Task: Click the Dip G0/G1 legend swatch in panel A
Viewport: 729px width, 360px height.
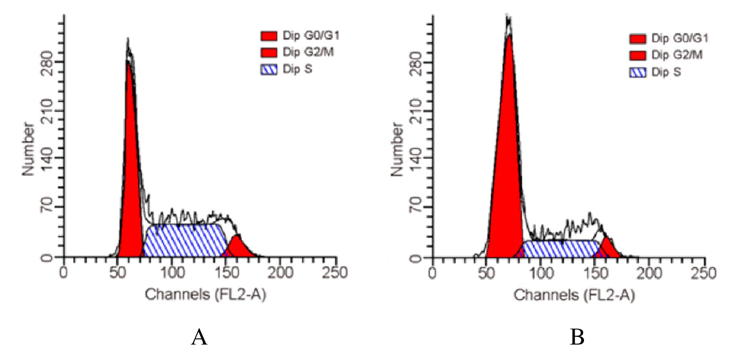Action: (269, 36)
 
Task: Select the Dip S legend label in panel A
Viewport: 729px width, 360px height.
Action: (297, 69)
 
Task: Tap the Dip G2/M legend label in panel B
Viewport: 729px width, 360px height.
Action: (677, 55)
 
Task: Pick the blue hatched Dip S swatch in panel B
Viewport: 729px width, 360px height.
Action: (638, 72)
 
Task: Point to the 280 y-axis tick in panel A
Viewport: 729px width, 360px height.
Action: (47, 62)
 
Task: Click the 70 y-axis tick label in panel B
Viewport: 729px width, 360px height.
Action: (416, 207)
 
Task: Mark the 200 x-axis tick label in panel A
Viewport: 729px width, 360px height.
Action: (280, 273)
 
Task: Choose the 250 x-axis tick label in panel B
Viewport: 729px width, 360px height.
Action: (705, 273)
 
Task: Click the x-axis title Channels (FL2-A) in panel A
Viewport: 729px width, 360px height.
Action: (206, 295)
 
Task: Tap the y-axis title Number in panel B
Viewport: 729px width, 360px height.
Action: (397, 149)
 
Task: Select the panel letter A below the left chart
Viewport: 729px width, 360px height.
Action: (199, 337)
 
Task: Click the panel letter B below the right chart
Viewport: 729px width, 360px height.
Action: (577, 337)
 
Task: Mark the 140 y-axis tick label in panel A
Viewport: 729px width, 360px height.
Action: (47, 158)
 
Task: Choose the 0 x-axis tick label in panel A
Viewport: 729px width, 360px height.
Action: (64, 273)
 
